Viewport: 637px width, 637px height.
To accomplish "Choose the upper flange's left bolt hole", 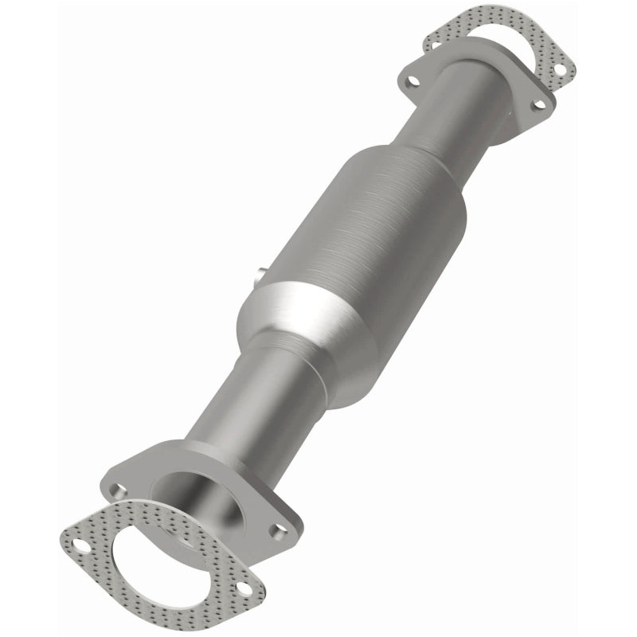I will coord(411,80).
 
